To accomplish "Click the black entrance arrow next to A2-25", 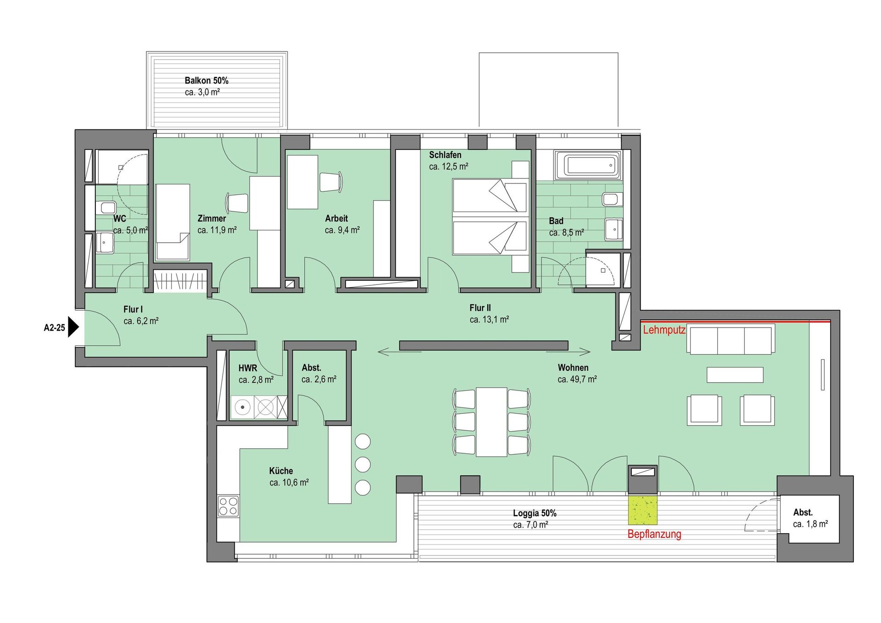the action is pyautogui.click(x=73, y=327).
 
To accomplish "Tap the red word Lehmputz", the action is pyautogui.click(x=664, y=330).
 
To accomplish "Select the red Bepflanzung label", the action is pyautogui.click(x=654, y=534).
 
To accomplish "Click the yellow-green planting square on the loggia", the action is pyautogui.click(x=642, y=510).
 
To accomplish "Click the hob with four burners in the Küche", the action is pyautogui.click(x=228, y=506).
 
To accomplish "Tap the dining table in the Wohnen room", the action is pyautogui.click(x=491, y=422).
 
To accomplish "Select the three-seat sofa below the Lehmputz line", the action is pyautogui.click(x=731, y=339).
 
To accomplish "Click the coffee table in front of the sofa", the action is pyautogui.click(x=735, y=375).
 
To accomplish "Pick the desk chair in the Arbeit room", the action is pyautogui.click(x=331, y=182).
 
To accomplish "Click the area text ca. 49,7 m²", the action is pyautogui.click(x=577, y=379).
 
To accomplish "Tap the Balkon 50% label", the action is pyautogui.click(x=206, y=80).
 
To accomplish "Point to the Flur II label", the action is pyautogui.click(x=480, y=308).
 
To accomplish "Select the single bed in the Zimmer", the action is pyautogui.click(x=173, y=222).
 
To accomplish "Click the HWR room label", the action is pyautogui.click(x=248, y=368).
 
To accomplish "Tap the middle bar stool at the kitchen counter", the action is pyautogui.click(x=363, y=464).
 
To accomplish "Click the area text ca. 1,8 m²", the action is pyautogui.click(x=810, y=524).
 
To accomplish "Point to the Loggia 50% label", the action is pyautogui.click(x=535, y=513).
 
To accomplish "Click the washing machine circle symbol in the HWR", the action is pyautogui.click(x=242, y=407).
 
